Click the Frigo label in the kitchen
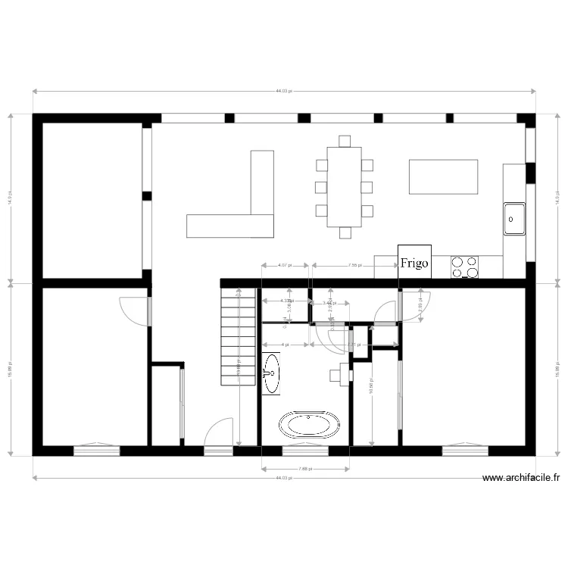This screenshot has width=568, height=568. [414, 264]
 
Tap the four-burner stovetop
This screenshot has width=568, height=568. [465, 267]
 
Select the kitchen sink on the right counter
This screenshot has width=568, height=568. [514, 219]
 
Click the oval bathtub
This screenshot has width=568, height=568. [310, 425]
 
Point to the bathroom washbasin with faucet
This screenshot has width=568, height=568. [271, 373]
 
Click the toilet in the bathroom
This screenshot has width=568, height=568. [340, 374]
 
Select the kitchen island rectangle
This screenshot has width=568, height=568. [443, 177]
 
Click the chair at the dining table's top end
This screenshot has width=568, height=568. [345, 141]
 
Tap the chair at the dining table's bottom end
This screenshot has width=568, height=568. [345, 233]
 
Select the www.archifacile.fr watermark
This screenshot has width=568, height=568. [520, 478]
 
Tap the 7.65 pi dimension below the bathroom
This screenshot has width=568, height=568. [304, 469]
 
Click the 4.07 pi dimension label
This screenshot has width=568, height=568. [284, 266]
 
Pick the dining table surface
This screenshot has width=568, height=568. [345, 186]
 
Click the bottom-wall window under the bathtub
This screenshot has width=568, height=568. [305, 451]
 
